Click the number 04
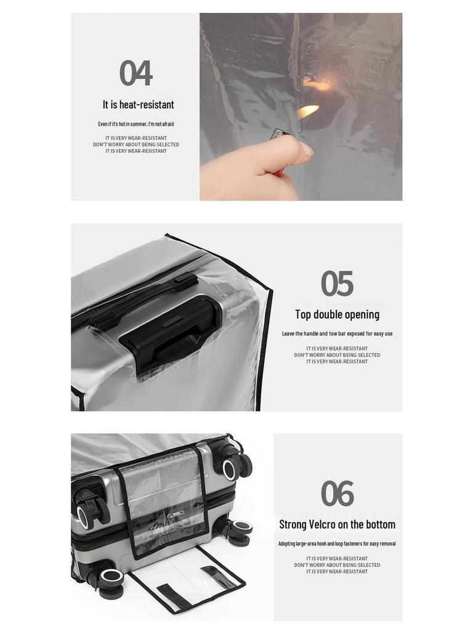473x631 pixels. click(135, 73)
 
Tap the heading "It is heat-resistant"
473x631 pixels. click(138, 105)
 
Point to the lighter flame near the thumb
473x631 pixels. click(308, 112)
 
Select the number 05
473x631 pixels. click(337, 283)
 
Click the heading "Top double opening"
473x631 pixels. click(337, 314)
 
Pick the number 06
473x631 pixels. click(337, 494)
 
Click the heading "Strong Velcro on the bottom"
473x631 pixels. click(337, 524)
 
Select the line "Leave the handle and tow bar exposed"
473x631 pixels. click(337, 333)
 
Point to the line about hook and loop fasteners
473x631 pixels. click(337, 543)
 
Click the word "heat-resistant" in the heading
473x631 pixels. click(148, 105)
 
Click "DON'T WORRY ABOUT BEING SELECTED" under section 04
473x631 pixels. click(135, 145)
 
